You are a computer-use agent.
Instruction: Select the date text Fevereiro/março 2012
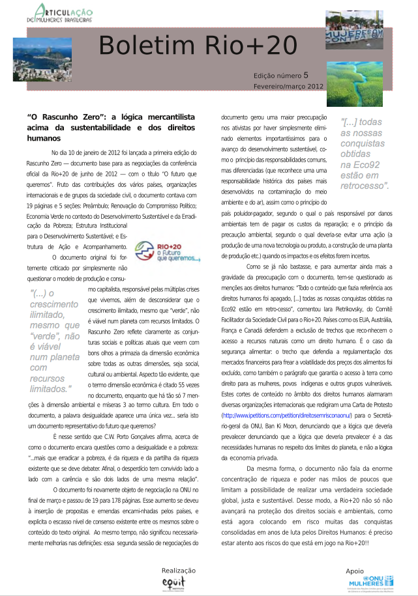point(288,86)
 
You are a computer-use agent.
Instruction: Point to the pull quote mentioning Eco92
point(365,154)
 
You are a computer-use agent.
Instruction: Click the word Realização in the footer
point(178,570)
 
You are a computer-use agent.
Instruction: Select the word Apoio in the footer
point(355,571)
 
